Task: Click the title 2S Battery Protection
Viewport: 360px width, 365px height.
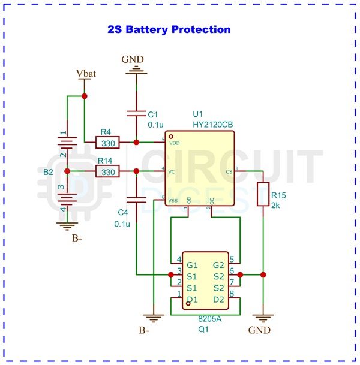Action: click(169, 29)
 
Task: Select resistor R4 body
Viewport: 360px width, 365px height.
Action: click(108, 143)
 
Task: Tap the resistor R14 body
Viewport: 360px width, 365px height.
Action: click(108, 172)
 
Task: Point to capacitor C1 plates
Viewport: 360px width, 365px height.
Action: click(136, 113)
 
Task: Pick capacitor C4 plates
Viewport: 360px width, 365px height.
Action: click(136, 200)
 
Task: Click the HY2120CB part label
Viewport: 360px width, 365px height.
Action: click(212, 124)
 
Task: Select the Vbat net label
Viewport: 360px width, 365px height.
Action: click(85, 73)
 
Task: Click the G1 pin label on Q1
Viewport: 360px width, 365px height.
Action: click(192, 265)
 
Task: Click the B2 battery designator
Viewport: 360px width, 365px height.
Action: click(49, 172)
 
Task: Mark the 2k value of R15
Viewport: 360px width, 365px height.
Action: click(275, 206)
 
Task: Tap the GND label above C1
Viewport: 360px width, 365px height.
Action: click(133, 59)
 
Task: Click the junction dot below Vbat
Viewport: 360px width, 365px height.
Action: click(85, 96)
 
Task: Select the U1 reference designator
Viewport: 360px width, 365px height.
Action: click(198, 114)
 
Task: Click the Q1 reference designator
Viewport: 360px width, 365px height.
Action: click(205, 329)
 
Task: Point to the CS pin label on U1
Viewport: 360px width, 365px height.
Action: click(229, 172)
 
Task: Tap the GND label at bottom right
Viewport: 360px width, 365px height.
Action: click(259, 330)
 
